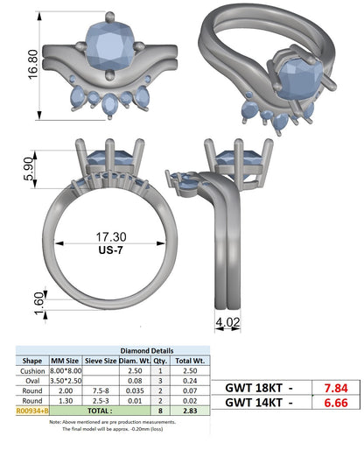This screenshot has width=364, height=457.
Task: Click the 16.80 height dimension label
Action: [32, 65]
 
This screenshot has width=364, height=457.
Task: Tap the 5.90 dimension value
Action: [29, 169]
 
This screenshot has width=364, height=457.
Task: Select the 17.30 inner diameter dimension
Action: [111, 236]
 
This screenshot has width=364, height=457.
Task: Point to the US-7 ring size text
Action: [111, 250]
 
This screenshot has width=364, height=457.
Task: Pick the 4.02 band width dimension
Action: [227, 322]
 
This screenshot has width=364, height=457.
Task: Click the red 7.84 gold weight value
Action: [336, 388]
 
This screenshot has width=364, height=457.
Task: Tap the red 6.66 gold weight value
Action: [336, 403]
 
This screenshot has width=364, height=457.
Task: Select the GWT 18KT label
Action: [254, 388]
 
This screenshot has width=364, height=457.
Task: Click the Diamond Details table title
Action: [147, 351]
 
